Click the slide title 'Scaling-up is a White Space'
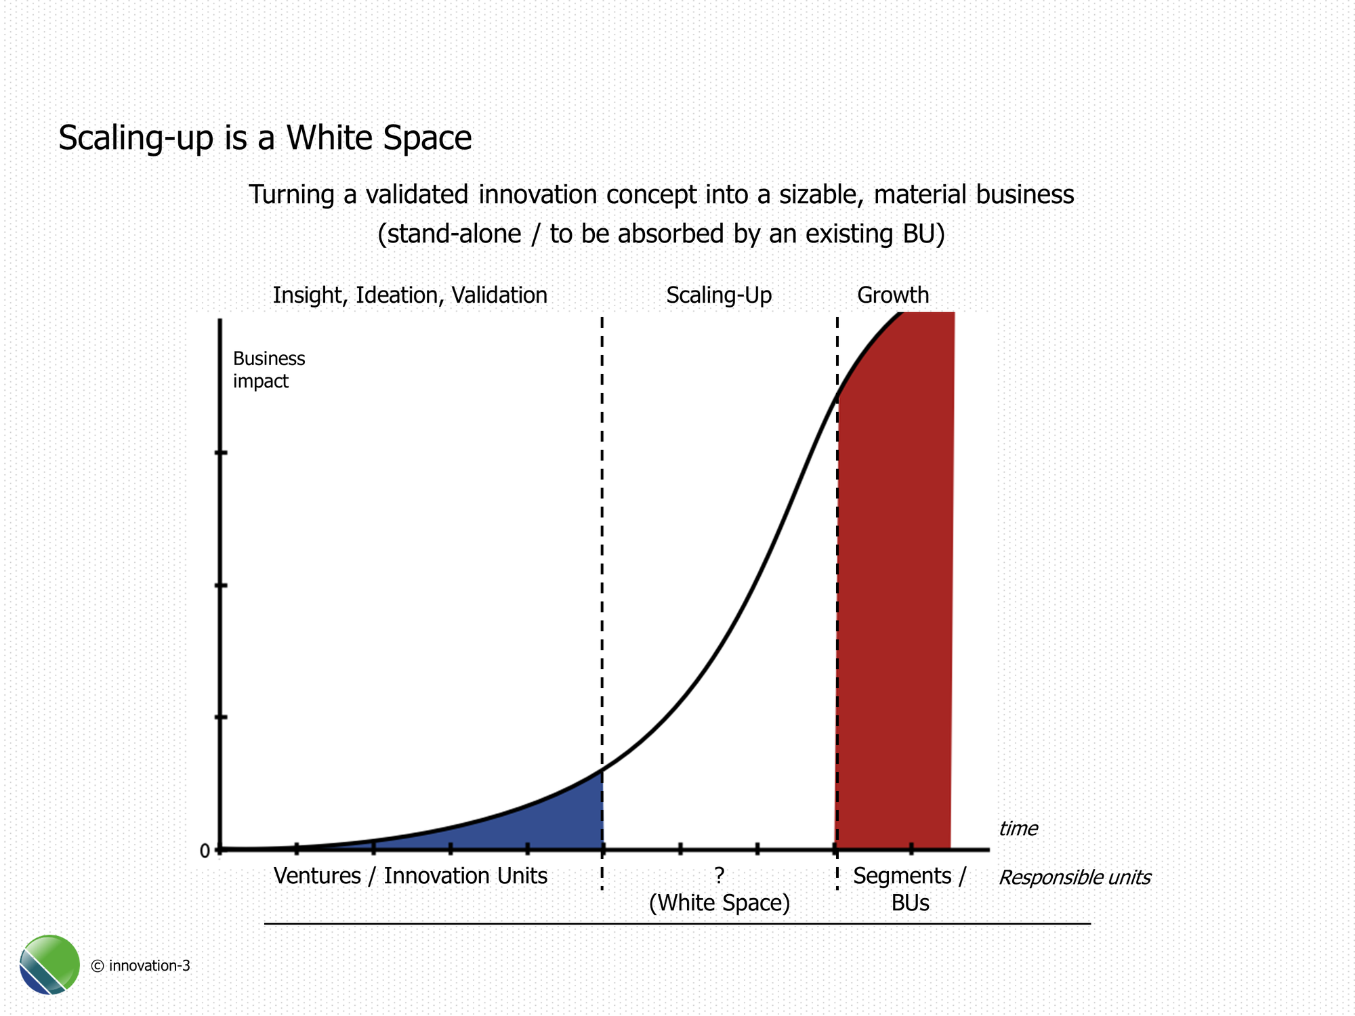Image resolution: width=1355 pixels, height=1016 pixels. point(265,137)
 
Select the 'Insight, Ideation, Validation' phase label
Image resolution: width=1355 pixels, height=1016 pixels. point(410,295)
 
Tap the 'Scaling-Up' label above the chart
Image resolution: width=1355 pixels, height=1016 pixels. point(719,295)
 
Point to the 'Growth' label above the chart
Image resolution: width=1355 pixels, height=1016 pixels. point(893,295)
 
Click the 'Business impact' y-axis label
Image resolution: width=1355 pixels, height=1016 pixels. point(269,370)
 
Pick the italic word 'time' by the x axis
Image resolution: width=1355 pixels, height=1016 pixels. point(1018,828)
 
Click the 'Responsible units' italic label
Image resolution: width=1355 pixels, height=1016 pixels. point(1075,878)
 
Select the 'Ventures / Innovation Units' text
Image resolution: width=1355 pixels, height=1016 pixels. point(410,876)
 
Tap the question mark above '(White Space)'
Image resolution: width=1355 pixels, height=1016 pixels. point(720,876)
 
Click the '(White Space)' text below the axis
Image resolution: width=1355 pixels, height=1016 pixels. point(720,904)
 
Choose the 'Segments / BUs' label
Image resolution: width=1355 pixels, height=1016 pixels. point(910,889)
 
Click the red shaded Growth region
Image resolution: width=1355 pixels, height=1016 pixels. point(894,610)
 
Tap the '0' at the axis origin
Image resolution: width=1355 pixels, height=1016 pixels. point(205,851)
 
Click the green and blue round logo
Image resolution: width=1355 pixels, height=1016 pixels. point(49,965)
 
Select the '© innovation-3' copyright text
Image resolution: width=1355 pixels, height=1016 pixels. point(140,966)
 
